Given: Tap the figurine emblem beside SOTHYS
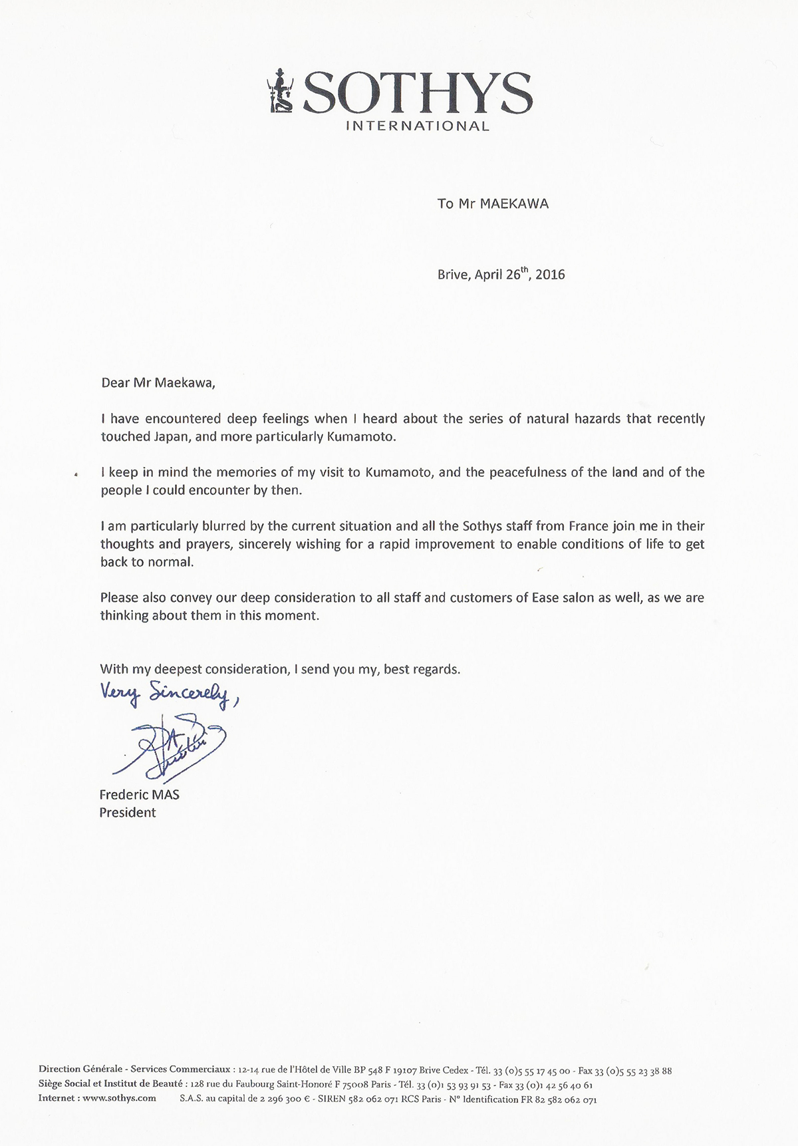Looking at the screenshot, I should (x=277, y=90).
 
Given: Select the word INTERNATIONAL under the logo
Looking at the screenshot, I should (x=418, y=126).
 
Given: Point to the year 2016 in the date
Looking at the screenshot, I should (x=550, y=274).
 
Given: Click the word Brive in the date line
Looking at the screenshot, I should (x=454, y=274).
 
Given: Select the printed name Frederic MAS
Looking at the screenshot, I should (x=139, y=794).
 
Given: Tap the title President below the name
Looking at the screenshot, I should (x=128, y=812).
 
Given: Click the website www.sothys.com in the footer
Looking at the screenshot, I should (x=119, y=1098).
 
